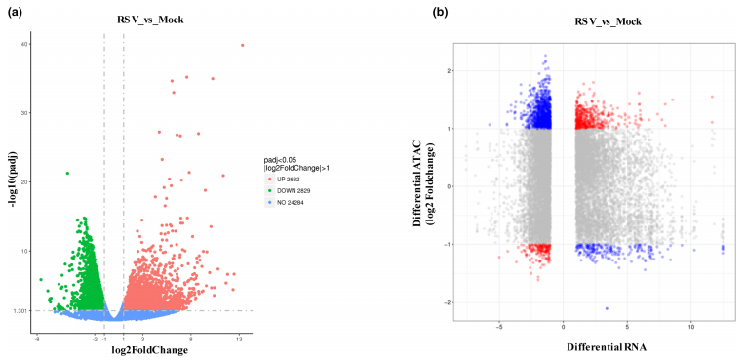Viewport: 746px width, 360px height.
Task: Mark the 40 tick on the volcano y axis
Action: click(x=26, y=44)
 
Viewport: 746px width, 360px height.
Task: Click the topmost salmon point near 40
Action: click(x=242, y=45)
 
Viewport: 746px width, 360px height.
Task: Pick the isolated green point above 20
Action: click(x=67, y=174)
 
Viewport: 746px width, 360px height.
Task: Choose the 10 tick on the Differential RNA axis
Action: click(x=690, y=327)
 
